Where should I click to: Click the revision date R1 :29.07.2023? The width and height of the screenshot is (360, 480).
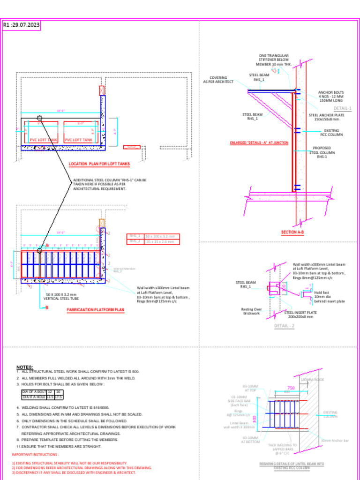click(22, 25)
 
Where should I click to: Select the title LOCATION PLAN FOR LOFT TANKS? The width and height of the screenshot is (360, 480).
click(99, 164)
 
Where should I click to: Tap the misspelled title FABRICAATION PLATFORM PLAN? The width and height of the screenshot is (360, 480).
click(95, 310)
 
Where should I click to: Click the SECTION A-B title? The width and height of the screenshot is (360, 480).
click(292, 232)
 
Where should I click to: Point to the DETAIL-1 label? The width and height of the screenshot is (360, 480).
click(342, 108)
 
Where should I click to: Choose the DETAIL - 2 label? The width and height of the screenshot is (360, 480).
click(284, 326)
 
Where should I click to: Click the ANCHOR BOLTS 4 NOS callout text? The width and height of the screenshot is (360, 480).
click(331, 96)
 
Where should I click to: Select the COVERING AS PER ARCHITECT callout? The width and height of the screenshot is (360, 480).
click(218, 80)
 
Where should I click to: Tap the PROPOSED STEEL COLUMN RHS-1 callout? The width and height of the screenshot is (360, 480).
click(322, 152)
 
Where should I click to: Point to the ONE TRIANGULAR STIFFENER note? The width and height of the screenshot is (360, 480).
click(274, 60)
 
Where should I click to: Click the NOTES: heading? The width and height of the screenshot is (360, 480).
click(24, 367)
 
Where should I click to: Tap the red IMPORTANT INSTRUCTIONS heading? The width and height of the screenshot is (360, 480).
click(35, 455)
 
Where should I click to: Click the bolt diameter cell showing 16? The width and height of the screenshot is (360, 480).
click(58, 391)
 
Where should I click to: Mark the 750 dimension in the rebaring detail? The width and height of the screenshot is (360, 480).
click(291, 388)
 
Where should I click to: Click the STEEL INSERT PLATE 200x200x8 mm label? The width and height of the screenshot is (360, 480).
click(300, 315)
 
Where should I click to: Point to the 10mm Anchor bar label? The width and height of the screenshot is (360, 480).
click(335, 441)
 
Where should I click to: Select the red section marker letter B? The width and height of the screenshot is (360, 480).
click(46, 307)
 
